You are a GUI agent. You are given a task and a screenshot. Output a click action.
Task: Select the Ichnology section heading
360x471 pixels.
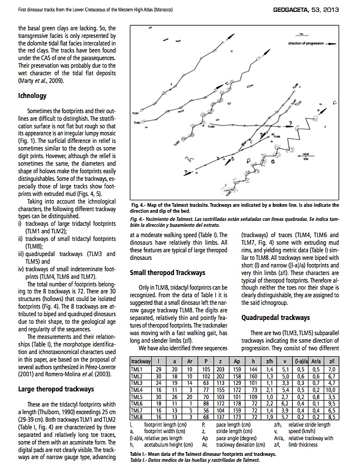(33, 96)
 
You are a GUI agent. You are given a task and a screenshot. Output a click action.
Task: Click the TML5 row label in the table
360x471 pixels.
(137, 396)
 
